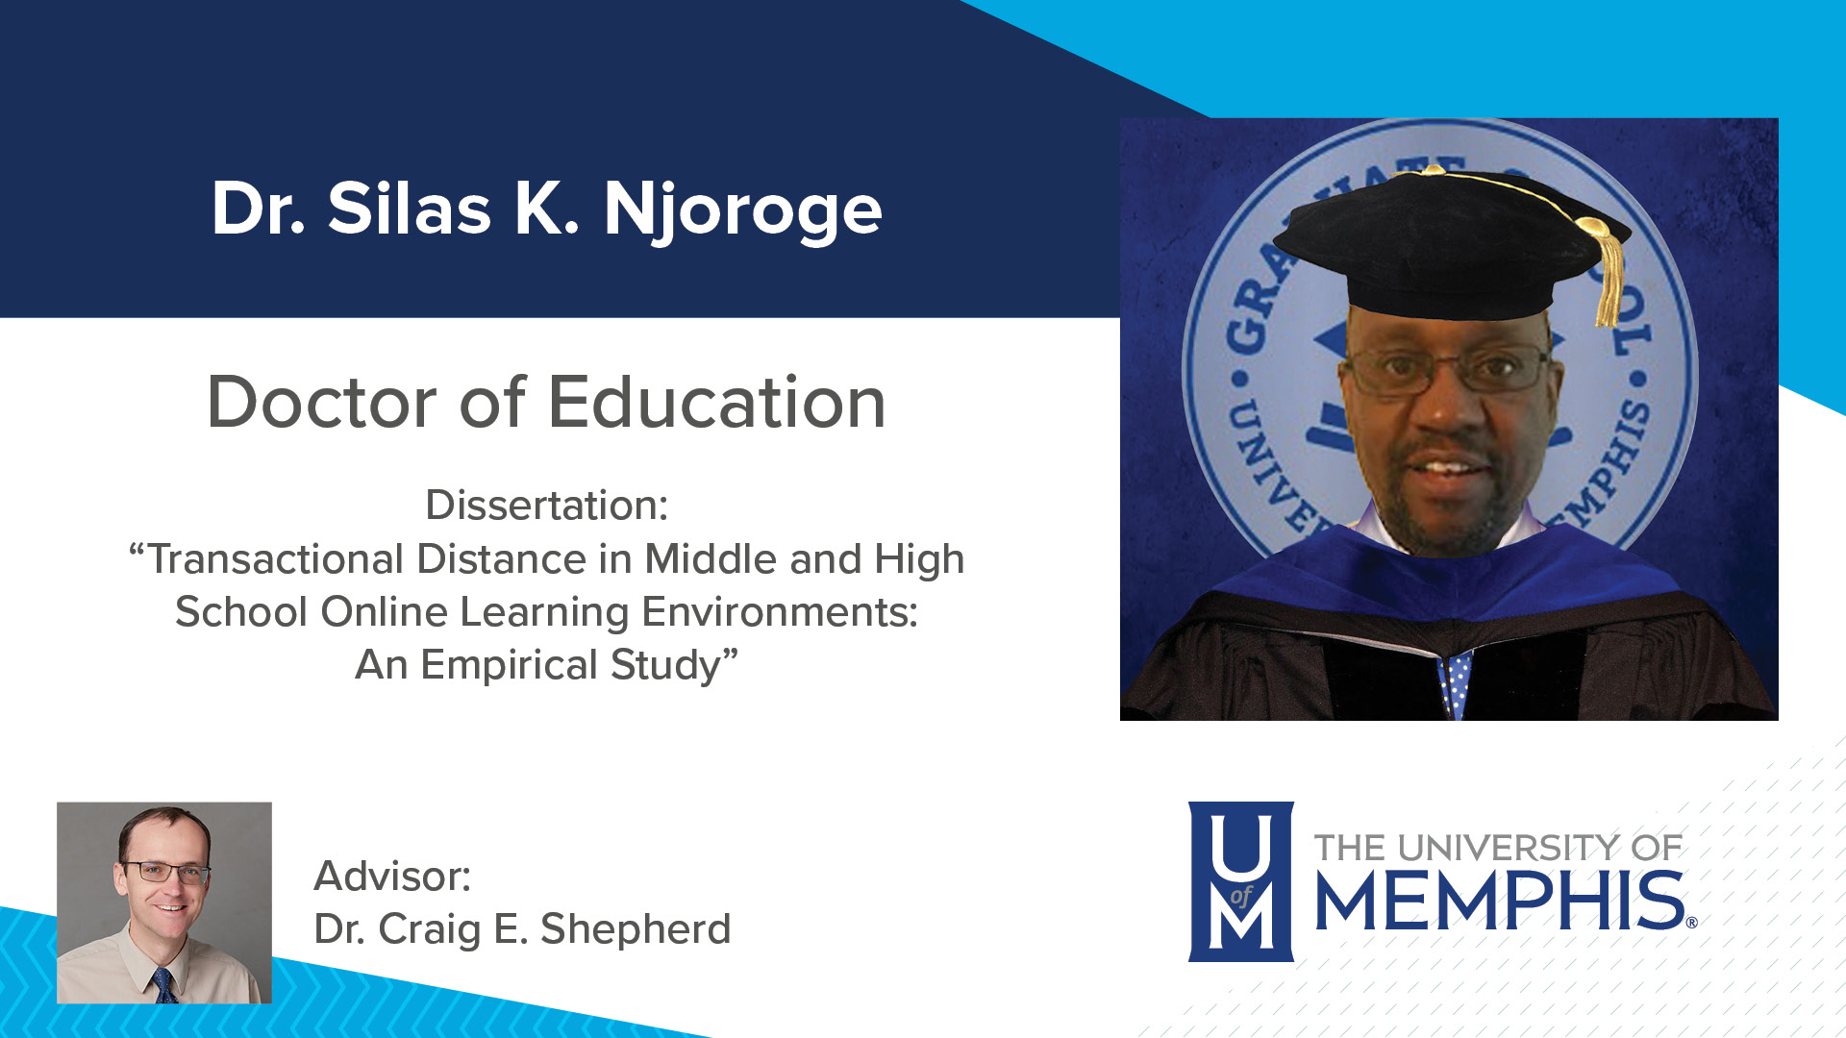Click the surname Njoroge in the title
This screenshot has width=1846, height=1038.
click(742, 210)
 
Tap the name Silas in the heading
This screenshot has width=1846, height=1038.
click(409, 210)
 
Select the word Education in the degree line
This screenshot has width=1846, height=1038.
click(716, 402)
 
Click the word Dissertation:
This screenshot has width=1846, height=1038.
click(546, 506)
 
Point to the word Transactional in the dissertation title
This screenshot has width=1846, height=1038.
click(274, 559)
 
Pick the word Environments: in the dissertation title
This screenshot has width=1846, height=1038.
click(780, 612)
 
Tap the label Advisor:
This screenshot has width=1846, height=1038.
click(392, 877)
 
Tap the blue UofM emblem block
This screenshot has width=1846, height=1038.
click(1240, 881)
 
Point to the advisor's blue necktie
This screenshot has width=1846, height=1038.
click(164, 987)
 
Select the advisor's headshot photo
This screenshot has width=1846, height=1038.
click(164, 902)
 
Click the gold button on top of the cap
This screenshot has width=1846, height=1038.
click(1433, 170)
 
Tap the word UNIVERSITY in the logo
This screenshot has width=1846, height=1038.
click(1509, 848)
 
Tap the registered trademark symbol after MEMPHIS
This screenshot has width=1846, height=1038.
click(1691, 923)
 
